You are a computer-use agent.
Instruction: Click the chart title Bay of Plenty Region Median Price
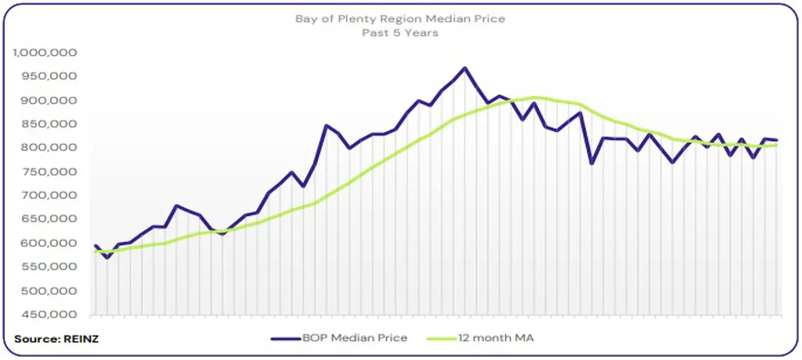[400, 19]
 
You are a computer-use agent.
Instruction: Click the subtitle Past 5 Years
[400, 32]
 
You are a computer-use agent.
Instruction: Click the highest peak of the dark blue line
[464, 68]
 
